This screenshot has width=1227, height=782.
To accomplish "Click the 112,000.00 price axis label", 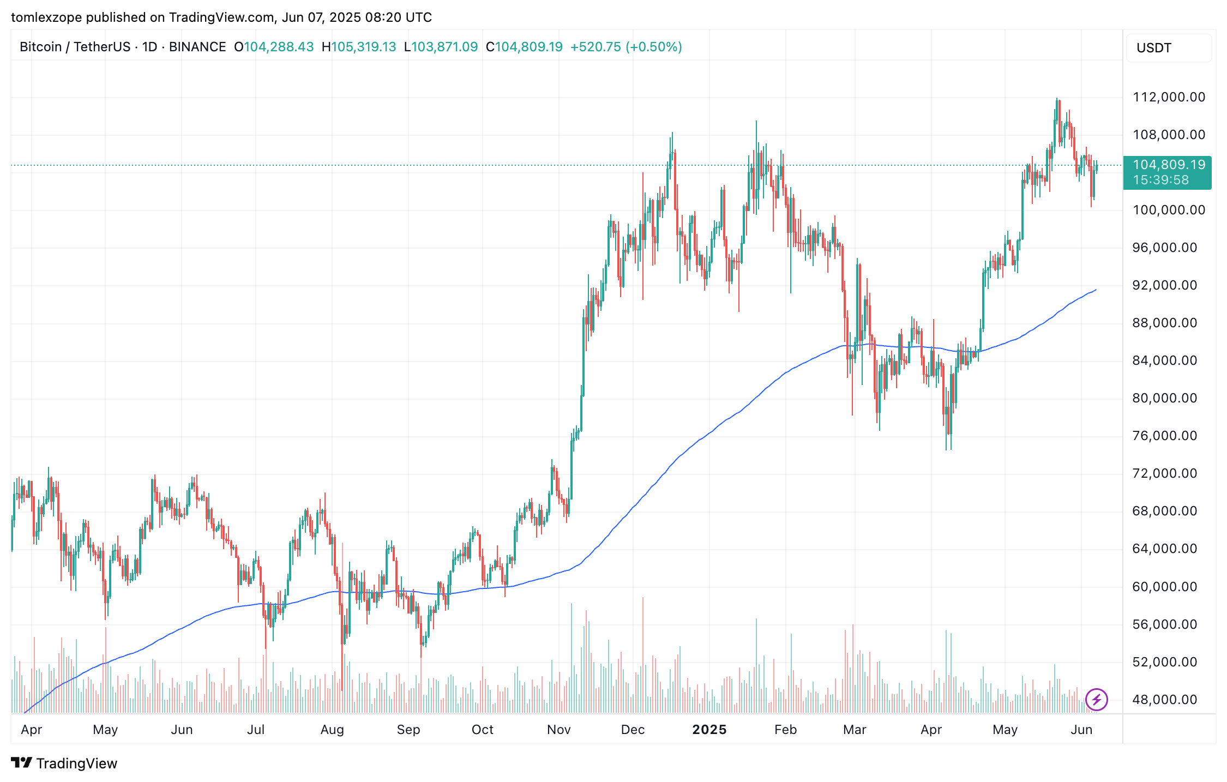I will point(1169,97).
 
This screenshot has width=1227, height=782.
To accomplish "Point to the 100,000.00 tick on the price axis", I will point(1169,210).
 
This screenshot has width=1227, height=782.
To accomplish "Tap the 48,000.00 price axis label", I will point(1165,700).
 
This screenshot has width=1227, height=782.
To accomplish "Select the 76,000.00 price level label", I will point(1165,436).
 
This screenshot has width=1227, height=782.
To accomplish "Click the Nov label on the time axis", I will point(558,730).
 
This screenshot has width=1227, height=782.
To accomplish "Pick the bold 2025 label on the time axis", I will point(709,730).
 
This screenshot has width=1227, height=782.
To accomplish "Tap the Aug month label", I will point(332,730).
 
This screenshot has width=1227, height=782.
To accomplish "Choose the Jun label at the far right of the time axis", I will point(1081,730).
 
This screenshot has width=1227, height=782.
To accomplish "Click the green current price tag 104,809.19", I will point(1169,165).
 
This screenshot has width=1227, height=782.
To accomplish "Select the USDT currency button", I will point(1154,48).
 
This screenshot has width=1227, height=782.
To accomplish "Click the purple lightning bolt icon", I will point(1096,699).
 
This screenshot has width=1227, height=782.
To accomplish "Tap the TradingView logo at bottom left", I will point(64,763).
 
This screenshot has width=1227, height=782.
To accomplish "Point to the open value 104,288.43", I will point(278,47).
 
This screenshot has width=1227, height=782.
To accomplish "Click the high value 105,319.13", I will point(363,47).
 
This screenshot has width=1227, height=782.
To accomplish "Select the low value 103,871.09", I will point(444,47).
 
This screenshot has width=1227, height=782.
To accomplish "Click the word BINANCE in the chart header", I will point(197,47).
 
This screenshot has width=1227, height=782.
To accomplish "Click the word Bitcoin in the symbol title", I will point(40,47).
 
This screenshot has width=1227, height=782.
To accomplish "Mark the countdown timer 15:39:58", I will point(1160,180).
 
